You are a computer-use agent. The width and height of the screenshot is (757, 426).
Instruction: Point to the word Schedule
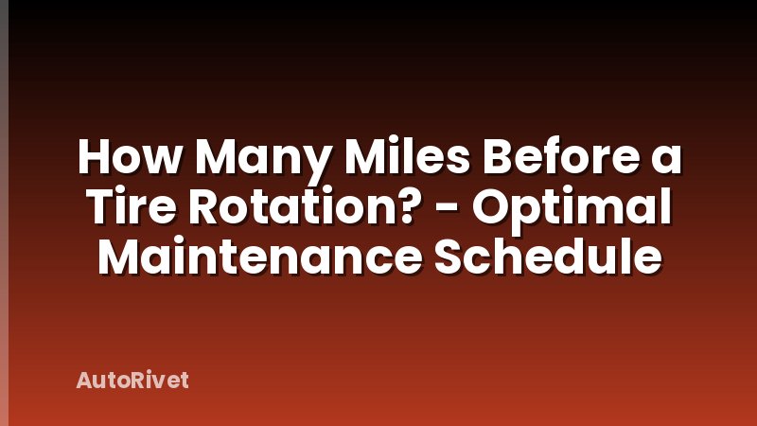(x=547, y=257)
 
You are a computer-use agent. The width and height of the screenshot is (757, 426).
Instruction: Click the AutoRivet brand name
(x=132, y=381)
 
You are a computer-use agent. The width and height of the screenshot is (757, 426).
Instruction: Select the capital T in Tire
(x=96, y=208)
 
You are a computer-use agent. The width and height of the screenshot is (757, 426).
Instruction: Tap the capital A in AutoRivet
(x=82, y=381)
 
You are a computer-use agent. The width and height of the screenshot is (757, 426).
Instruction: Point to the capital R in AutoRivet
(x=142, y=381)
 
